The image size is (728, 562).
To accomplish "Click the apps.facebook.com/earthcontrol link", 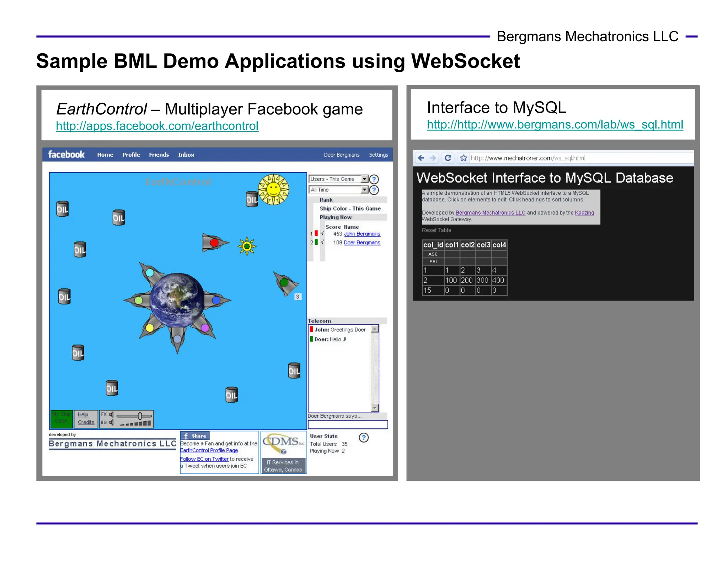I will point(157,126).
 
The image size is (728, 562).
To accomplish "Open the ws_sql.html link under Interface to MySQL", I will point(555,125).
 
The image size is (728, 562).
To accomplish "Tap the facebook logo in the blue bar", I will point(66,155).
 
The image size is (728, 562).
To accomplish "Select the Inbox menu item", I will point(186,155).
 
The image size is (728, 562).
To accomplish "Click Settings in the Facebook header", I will point(378,155).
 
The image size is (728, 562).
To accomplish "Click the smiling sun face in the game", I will point(273,189).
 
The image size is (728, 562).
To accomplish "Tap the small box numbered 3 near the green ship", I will point(298,297).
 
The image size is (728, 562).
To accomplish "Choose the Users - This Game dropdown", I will point(338,179).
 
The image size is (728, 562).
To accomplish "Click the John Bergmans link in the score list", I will point(362,234).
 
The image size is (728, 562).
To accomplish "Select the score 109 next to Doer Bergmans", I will point(337,243).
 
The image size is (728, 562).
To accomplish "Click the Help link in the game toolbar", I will point(83,415).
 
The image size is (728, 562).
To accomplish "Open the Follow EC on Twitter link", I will point(204,459).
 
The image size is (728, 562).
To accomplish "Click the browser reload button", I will point(448,158).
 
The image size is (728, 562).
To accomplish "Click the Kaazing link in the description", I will point(584,213).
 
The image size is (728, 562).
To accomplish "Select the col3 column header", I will point(483,245).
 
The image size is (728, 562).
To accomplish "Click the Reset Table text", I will point(436,230).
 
